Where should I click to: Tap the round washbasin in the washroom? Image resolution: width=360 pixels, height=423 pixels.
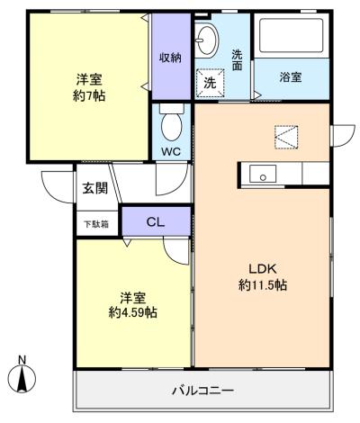207,40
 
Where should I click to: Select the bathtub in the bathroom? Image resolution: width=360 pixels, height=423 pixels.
292,36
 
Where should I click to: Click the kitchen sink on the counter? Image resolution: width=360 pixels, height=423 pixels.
263,174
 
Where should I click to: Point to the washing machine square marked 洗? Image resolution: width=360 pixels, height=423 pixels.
210,83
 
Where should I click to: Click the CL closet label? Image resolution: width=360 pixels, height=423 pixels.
156,222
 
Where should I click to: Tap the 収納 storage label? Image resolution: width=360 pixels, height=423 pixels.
170,58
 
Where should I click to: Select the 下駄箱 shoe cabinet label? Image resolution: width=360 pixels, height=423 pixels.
96,224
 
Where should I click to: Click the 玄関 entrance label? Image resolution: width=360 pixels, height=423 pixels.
95,188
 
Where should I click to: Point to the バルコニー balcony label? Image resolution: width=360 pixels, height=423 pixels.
202,391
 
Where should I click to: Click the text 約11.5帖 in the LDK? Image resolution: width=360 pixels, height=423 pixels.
263,285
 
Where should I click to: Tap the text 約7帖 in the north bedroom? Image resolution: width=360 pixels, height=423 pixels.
89,96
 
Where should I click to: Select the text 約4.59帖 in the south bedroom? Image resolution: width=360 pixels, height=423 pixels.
132,313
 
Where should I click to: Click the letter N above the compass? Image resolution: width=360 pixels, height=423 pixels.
22,359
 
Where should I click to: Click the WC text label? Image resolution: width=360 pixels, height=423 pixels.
171,151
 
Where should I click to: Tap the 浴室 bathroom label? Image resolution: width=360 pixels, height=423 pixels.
291,77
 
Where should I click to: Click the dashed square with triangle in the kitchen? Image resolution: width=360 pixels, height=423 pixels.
286,137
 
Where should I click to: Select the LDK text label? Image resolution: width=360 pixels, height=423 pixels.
263,269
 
